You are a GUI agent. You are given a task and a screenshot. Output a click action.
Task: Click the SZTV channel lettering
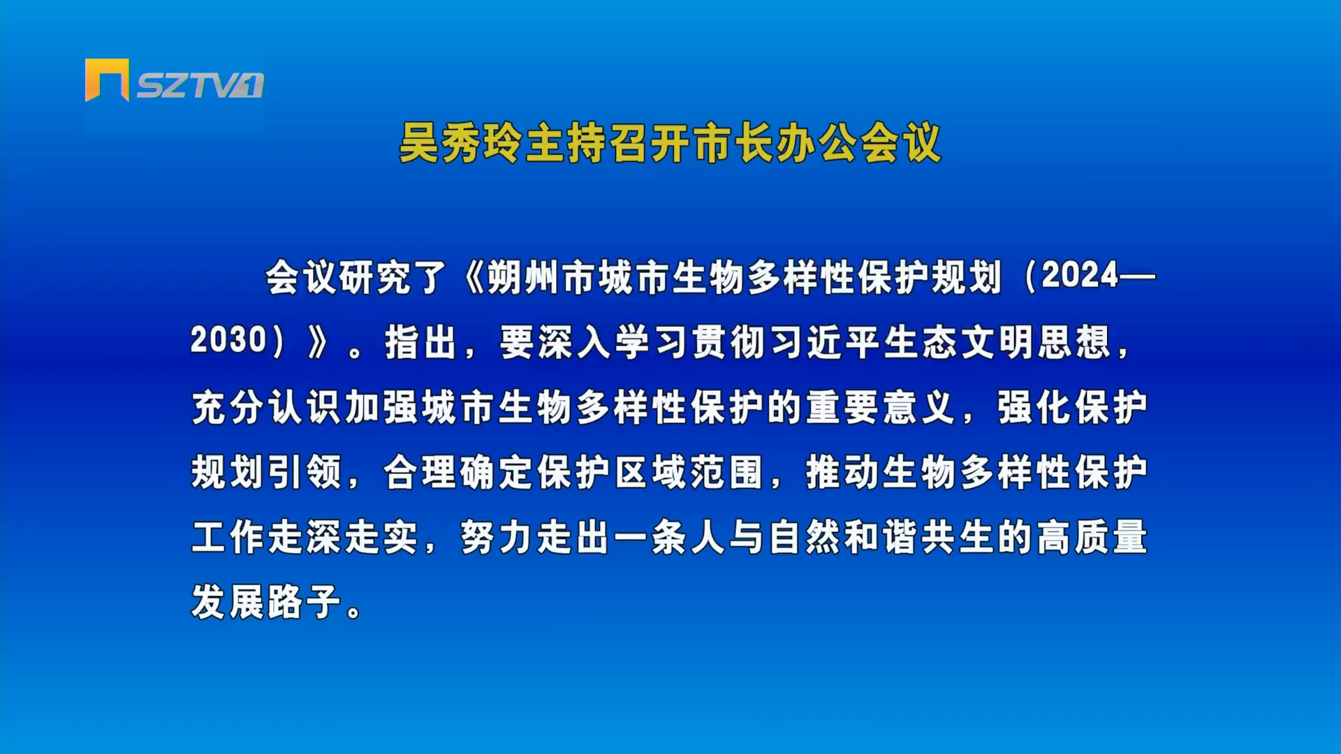200,86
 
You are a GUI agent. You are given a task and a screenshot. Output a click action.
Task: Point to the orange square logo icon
107,80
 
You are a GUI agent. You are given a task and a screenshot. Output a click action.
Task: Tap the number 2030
228,341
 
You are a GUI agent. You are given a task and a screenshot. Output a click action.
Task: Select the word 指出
420,342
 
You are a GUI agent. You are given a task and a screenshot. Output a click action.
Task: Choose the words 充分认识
267,407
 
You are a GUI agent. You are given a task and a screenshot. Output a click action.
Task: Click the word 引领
305,472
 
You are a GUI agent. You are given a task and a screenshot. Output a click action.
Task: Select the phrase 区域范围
689,472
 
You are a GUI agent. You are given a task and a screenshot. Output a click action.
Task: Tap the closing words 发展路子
266,602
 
